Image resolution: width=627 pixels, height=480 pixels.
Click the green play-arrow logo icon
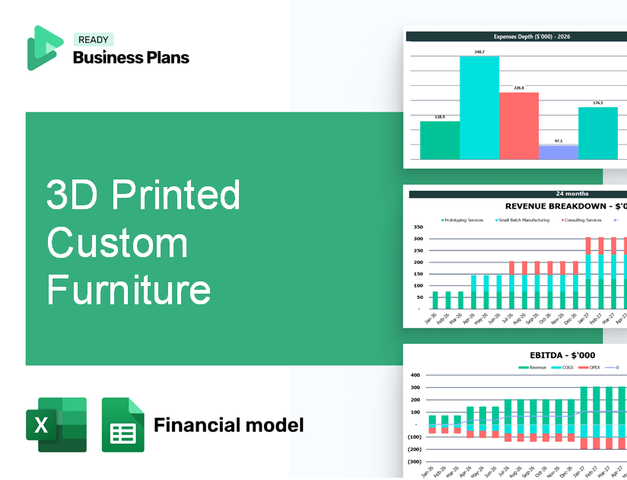[44, 47]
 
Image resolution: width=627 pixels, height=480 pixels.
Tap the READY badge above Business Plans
[94, 40]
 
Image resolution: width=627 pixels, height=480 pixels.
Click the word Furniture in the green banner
[128, 290]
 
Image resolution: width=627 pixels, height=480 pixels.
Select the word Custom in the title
[117, 243]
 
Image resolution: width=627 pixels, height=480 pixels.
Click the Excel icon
[56, 424]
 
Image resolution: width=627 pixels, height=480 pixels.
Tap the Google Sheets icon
[123, 424]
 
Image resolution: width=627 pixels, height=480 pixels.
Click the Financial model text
[228, 424]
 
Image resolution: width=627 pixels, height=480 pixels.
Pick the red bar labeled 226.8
[519, 126]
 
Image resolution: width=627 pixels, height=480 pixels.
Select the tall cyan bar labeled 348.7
[479, 107]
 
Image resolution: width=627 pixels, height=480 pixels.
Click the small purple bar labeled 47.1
[559, 152]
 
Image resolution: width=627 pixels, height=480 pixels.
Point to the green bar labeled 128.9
[440, 140]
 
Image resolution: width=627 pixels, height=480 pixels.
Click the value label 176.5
[598, 103]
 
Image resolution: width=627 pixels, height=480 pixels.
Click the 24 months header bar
[517, 194]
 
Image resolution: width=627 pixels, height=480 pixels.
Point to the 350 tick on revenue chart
[418, 227]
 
